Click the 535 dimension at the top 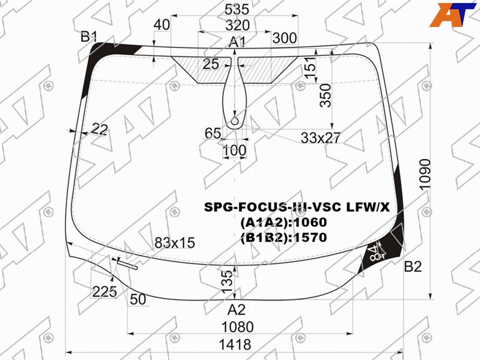(237, 10)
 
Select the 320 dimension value (238, 25)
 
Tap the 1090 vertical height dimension (425, 175)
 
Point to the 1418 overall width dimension (235, 344)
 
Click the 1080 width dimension (238, 327)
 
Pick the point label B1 (89, 37)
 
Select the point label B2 (413, 266)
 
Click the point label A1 (237, 42)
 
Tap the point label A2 (236, 310)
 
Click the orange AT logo (452, 14)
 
